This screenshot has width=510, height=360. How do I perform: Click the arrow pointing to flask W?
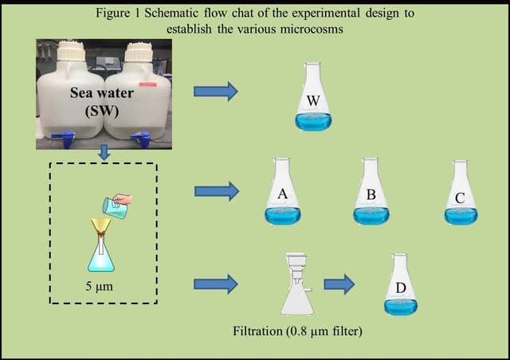(x=216, y=91)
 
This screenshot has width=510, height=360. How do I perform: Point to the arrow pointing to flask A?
(x=216, y=190)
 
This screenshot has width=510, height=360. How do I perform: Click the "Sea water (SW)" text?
(x=101, y=101)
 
